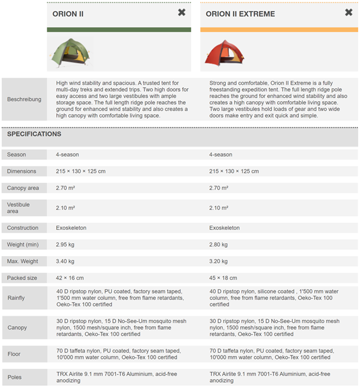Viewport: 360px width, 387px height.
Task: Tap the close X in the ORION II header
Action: [x=182, y=13]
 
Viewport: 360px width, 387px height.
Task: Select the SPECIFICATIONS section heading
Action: [x=34, y=134]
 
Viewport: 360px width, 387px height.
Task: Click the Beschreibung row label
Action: [x=24, y=99]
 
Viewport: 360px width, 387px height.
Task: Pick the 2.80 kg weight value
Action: [x=220, y=244]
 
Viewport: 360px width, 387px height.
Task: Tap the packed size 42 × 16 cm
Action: [x=70, y=278]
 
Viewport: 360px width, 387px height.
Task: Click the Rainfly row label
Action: [x=16, y=298]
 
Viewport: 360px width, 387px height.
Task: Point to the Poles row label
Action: [x=15, y=378]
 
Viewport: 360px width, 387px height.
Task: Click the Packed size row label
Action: [x=22, y=278]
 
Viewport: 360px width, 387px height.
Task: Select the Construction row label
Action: [x=23, y=228]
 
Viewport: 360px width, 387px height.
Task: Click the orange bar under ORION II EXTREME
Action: [x=278, y=30]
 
